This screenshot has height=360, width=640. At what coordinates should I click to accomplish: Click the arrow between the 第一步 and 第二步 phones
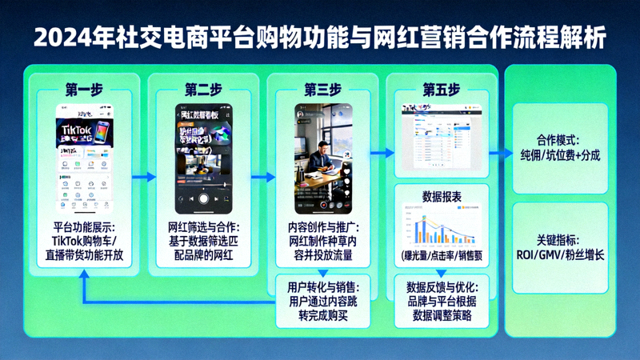(x=144, y=177)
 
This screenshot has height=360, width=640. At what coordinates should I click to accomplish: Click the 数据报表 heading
(x=441, y=196)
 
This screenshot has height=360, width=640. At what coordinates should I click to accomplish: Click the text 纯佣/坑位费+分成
(x=559, y=154)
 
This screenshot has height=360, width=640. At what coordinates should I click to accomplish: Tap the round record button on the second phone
(x=203, y=198)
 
